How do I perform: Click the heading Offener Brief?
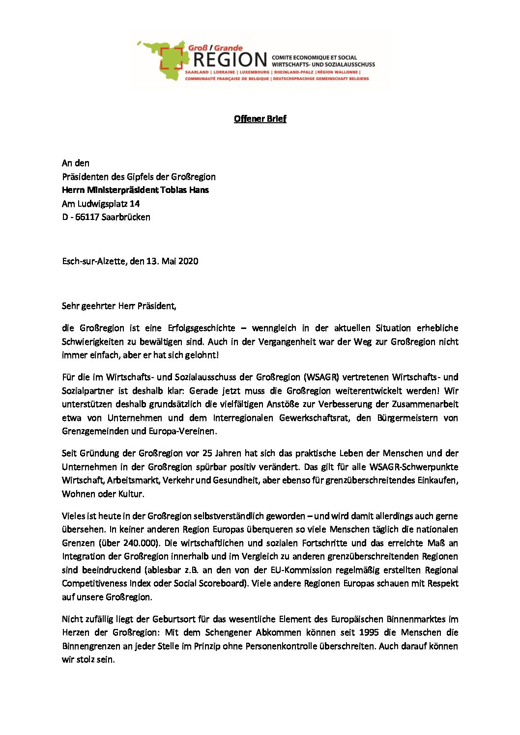[260, 119]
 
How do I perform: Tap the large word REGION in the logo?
[230, 60]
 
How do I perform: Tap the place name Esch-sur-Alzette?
[94, 261]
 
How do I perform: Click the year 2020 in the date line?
[188, 261]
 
